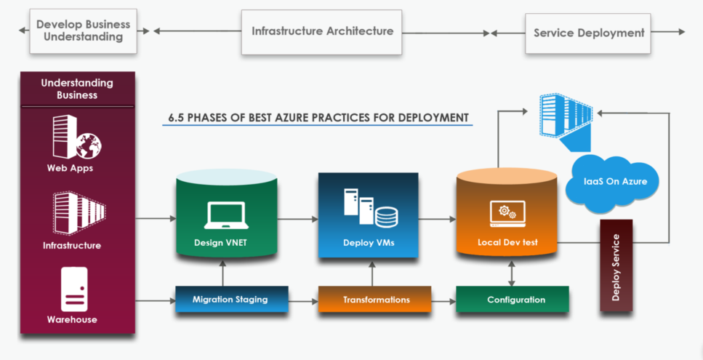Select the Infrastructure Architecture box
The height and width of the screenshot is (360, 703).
(322, 31)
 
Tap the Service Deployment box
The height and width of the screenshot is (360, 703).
(589, 33)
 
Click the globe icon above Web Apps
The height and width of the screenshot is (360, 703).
(89, 144)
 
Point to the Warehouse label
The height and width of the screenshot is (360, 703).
(72, 319)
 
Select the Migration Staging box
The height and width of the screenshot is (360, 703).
(230, 299)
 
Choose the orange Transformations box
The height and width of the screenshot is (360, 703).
(376, 300)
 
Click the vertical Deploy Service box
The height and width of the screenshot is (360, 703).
(616, 266)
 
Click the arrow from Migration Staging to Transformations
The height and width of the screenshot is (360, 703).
(303, 300)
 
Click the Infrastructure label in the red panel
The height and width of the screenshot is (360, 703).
(72, 245)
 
